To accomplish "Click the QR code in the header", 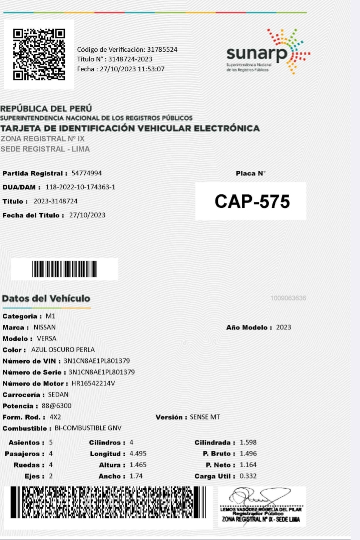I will pos(39,54).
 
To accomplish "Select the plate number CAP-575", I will pos(252,201).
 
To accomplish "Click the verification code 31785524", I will pos(161,49).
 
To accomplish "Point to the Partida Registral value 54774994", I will pos(87,173).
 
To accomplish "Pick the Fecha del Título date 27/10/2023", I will pos(87,215).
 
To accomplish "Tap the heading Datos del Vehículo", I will pos(46,298).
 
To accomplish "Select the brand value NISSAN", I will pos(45,328).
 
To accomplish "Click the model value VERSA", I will pos(47,339).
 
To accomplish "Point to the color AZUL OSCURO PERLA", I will pos(63,350).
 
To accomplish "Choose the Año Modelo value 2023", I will pos(283,328).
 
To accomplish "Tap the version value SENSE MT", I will pos(205,417).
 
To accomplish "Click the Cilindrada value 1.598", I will pos(248,443).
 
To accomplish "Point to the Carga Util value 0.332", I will pos(248,476).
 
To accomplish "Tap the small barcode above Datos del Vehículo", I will pos(65,269).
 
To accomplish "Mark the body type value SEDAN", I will pos(58,395).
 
